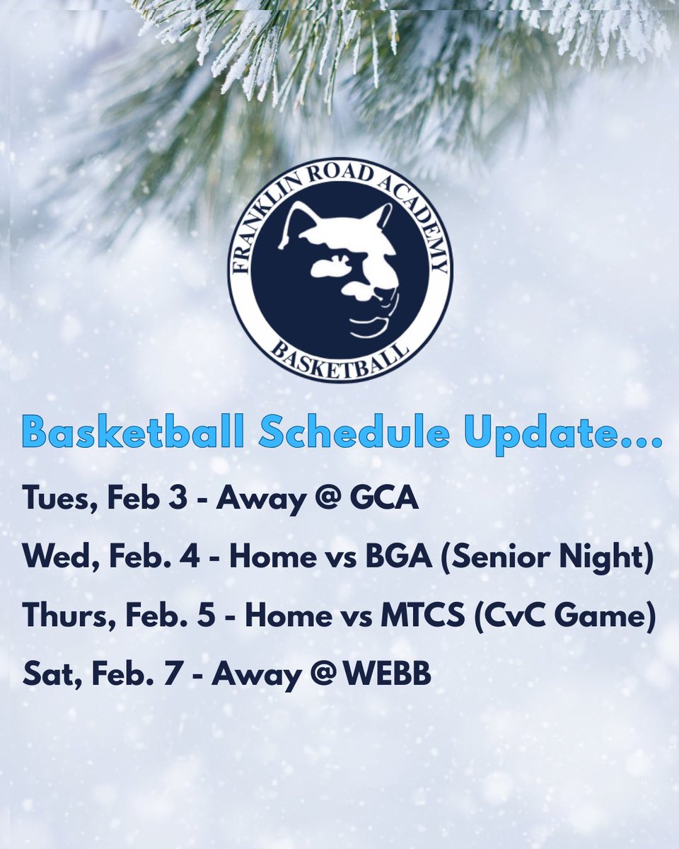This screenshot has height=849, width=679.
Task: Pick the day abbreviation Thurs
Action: click(62, 616)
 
